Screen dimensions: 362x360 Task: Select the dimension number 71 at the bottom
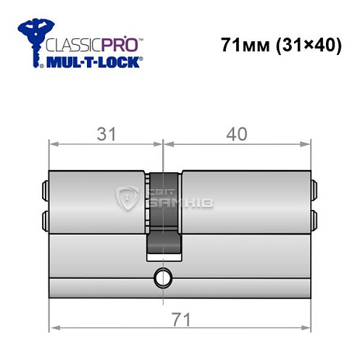[178, 319]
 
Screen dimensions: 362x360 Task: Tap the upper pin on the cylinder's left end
[46, 190]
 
